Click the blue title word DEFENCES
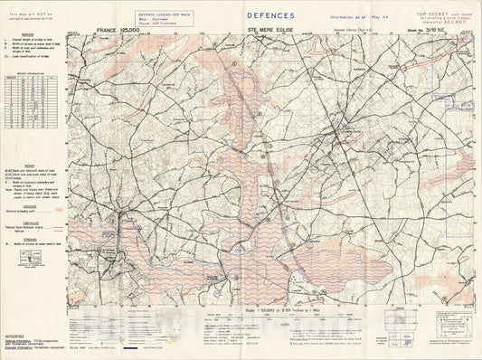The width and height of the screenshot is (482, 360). pos(270,15)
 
